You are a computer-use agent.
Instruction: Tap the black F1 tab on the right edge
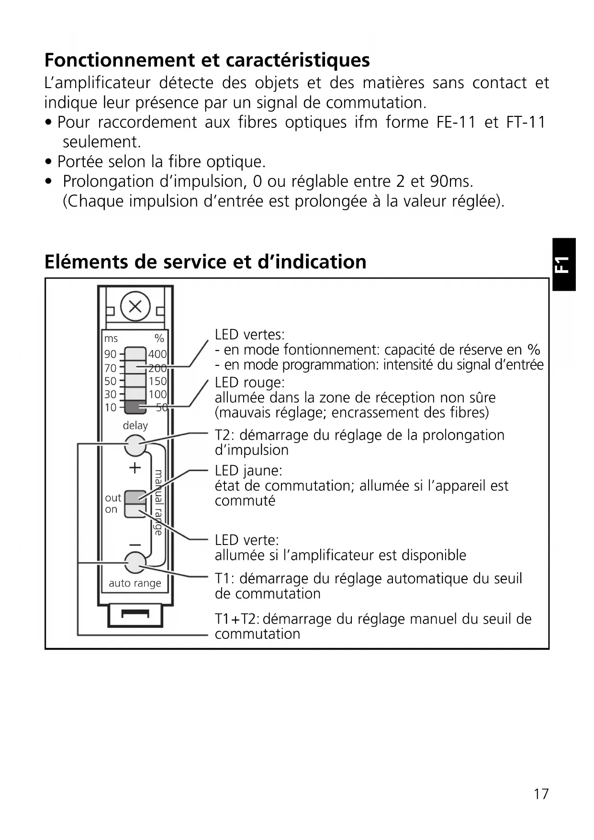[563, 264]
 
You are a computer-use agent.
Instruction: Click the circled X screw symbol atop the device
[135, 306]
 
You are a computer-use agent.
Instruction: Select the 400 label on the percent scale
[157, 354]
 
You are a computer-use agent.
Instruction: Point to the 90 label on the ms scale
[110, 354]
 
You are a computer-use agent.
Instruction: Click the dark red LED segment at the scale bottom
[135, 408]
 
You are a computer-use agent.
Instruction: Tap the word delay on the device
[135, 425]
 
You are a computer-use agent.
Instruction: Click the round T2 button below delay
[135, 446]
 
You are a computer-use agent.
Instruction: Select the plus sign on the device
[135, 468]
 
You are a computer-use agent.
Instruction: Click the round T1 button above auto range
[135, 562]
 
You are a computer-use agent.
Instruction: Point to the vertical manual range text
[158, 502]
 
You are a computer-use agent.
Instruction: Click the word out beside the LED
[113, 498]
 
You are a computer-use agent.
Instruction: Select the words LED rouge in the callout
[249, 383]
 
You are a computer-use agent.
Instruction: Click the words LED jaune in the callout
[248, 471]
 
